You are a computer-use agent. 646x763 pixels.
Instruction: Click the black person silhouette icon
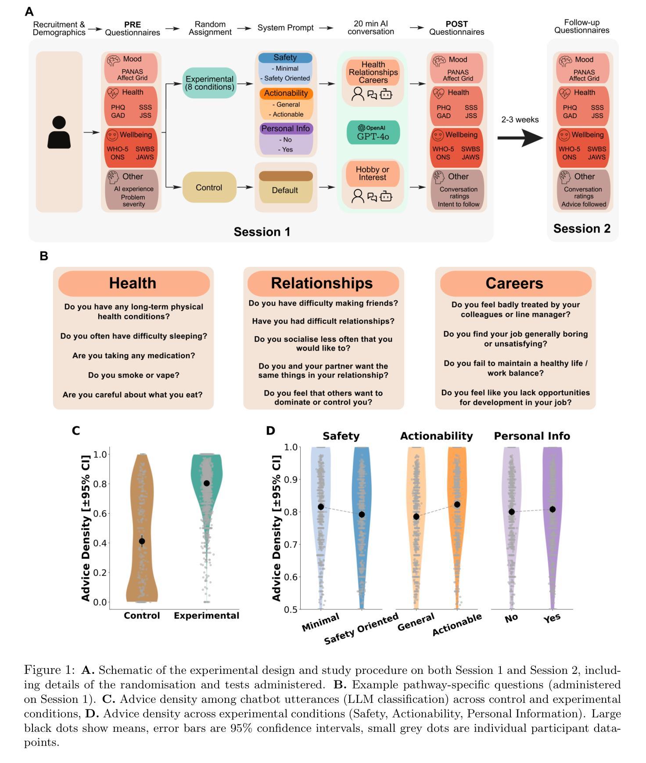coord(59,132)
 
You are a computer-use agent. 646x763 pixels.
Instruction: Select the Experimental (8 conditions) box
coord(209,83)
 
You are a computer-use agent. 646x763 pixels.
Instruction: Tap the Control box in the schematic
coord(209,187)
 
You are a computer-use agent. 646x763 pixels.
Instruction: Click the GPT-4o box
coord(373,133)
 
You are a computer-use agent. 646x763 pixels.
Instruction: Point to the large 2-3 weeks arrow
coord(520,138)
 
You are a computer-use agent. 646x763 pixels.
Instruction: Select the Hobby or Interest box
coord(373,173)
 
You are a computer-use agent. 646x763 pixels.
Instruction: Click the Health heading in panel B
coord(133,283)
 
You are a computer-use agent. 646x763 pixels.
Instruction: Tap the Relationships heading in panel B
coord(322,283)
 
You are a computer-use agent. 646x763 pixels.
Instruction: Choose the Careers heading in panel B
coord(514,283)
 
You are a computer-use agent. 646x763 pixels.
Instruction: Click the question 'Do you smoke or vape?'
coord(133,375)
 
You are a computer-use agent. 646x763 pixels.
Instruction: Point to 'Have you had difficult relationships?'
coord(323,321)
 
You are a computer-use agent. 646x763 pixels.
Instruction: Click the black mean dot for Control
coord(142,541)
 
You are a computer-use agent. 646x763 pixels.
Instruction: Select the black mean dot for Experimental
coord(207,483)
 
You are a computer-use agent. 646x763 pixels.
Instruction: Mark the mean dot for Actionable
coord(457,505)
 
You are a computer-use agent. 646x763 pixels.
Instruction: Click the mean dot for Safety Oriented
coord(362,515)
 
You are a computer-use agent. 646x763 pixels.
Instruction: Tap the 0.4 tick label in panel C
coord(100,543)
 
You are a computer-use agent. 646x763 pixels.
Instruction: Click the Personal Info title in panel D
coord(532,436)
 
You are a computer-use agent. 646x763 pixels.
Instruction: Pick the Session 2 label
coord(581,229)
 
